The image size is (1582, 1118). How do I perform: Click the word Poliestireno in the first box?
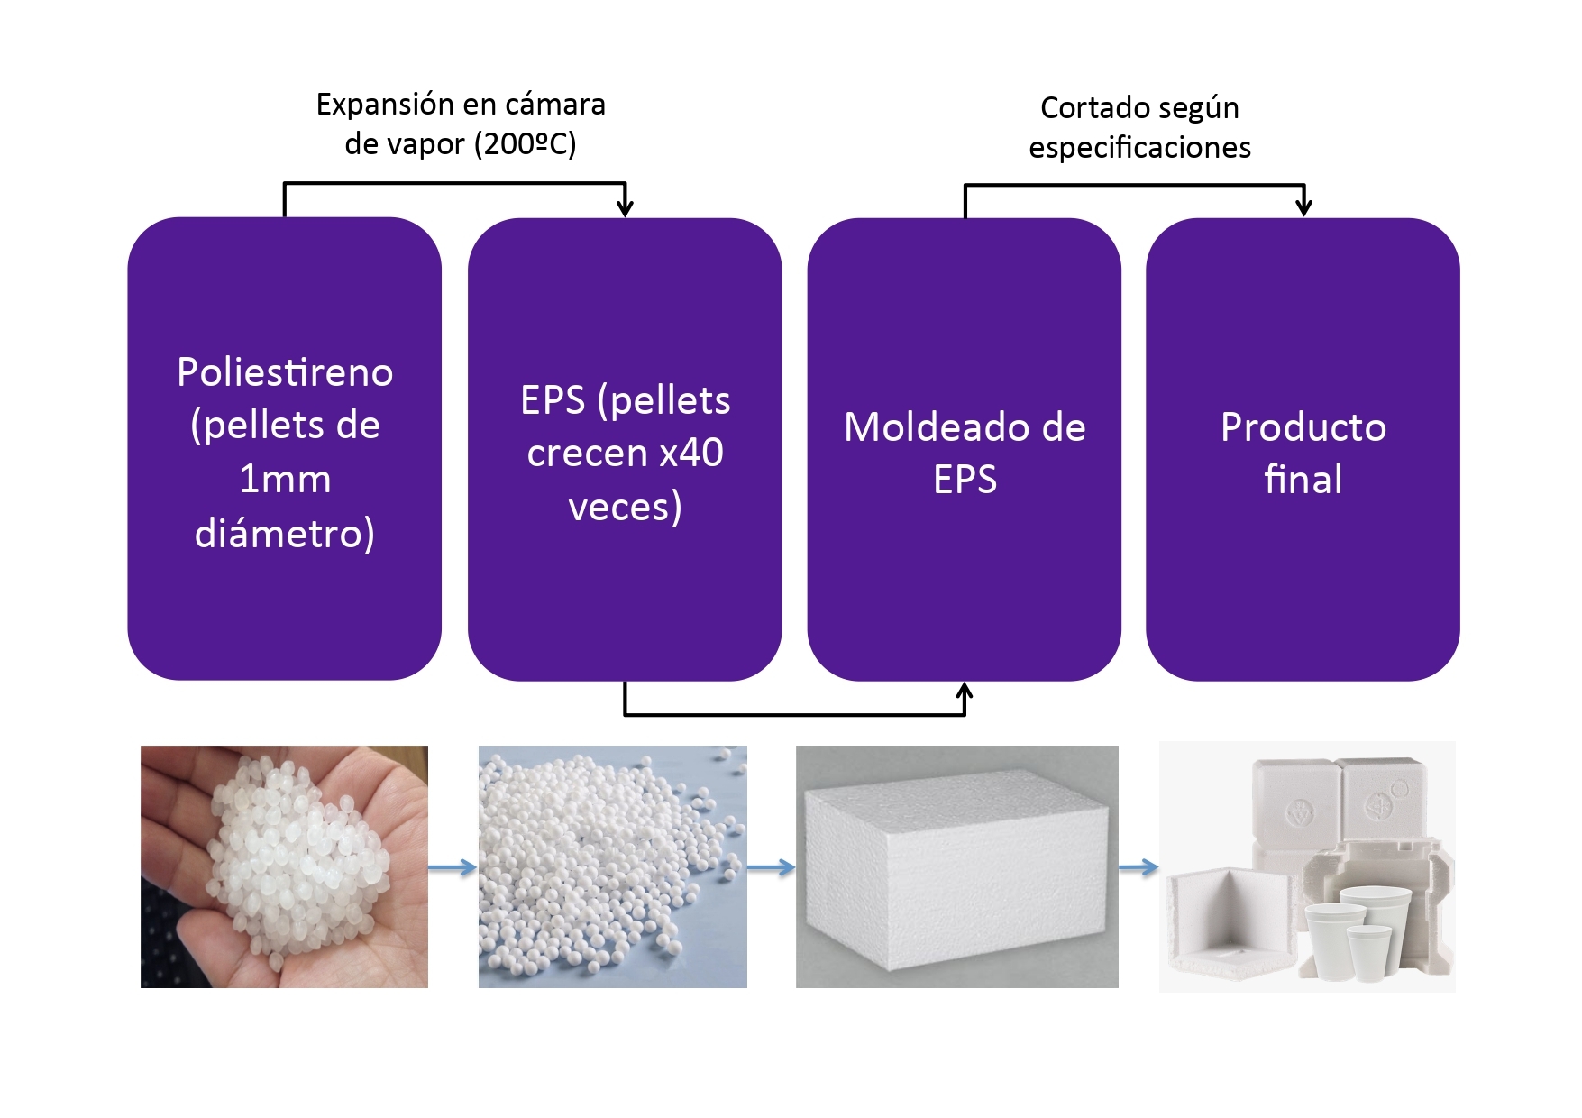tap(285, 372)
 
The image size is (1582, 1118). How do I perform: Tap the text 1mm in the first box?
tap(285, 479)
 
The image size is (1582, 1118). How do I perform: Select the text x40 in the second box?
tap(690, 453)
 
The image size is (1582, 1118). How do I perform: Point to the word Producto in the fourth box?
tap(1303, 427)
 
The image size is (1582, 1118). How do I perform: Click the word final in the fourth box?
tap(1303, 479)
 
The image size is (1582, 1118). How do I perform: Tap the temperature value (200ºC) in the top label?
tap(524, 143)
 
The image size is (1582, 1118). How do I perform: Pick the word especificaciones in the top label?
tap(1139, 147)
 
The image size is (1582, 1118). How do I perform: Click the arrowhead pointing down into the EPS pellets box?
tap(625, 208)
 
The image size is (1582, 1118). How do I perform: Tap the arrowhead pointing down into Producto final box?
tap(1303, 207)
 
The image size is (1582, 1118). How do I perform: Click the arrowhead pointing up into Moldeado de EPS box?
tap(965, 692)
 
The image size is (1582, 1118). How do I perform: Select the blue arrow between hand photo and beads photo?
tap(453, 868)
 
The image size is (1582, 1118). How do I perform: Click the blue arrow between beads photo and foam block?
tap(772, 868)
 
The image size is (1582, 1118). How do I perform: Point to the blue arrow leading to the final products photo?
tap(1138, 868)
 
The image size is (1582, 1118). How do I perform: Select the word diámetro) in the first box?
tap(285, 533)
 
